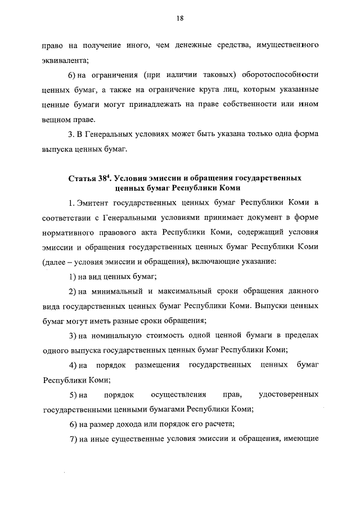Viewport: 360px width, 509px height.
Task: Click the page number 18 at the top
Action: click(x=179, y=19)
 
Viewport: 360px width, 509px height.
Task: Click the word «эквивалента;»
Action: click(x=65, y=60)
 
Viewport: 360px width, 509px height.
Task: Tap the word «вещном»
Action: click(x=57, y=119)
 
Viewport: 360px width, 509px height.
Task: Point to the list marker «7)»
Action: click(x=73, y=439)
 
